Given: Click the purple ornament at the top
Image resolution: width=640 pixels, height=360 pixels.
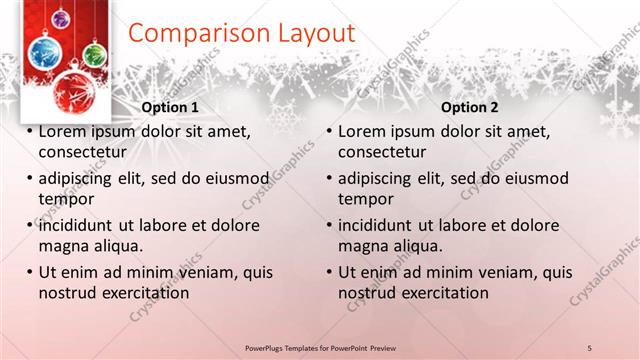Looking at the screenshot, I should pyautogui.click(x=61, y=18).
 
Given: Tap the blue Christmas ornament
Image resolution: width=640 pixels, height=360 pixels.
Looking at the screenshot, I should pyautogui.click(x=40, y=52).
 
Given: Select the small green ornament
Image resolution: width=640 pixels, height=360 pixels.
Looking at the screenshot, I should pyautogui.click(x=94, y=54).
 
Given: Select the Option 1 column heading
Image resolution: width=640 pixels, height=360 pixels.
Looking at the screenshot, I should pyautogui.click(x=171, y=107).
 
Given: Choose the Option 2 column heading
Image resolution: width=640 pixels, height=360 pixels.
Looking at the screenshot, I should pyautogui.click(x=469, y=107).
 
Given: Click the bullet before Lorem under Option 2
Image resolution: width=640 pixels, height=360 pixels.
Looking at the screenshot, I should pyautogui.click(x=329, y=131).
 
